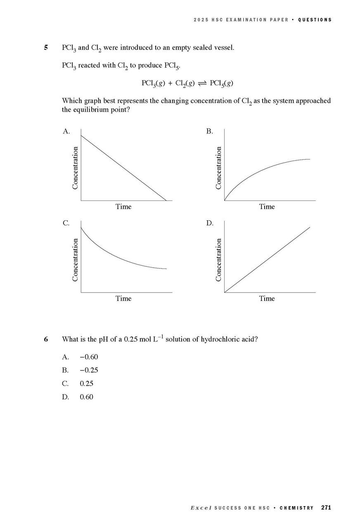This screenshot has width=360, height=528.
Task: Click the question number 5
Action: coord(46,47)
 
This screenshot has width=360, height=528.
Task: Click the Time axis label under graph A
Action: coord(123,207)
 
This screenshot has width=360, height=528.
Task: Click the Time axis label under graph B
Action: coord(267,207)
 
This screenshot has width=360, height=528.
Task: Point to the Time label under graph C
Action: coord(123,298)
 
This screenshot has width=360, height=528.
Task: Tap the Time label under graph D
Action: coord(267,298)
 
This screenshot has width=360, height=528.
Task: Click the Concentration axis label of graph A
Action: coord(75,168)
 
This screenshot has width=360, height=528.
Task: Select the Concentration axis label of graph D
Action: coord(219,260)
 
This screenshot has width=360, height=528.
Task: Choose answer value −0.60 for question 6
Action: coord(89,357)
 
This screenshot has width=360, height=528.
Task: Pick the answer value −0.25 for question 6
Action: coord(89,370)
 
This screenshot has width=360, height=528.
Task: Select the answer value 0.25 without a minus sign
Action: coord(87,384)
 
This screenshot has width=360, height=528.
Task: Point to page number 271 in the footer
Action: coord(326,508)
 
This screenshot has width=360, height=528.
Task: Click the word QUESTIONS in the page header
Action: coord(315,20)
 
